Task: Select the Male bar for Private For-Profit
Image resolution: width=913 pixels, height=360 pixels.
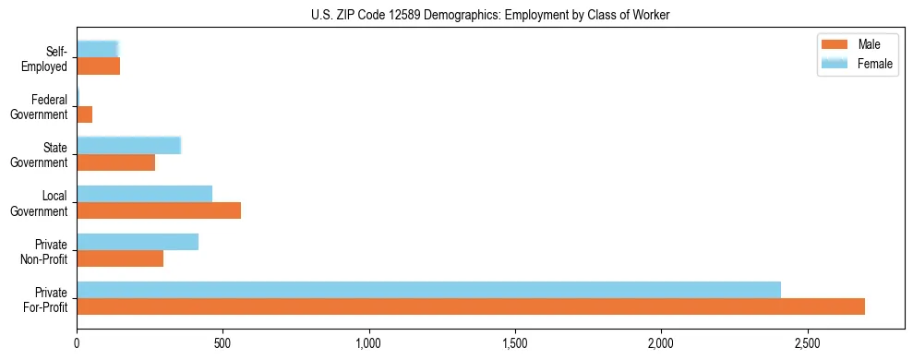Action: [x=471, y=306]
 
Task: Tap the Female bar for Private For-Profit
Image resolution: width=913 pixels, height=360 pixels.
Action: [x=428, y=290]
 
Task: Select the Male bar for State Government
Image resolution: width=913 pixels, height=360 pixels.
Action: [x=116, y=162]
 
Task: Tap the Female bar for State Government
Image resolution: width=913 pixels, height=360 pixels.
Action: [x=128, y=146]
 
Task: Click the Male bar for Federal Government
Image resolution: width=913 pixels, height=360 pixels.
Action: [x=85, y=114]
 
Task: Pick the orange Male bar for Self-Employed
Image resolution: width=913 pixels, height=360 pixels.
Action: [x=99, y=66]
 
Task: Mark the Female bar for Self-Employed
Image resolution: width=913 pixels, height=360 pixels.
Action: [x=97, y=50]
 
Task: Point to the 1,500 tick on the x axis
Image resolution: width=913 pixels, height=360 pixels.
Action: [x=515, y=343]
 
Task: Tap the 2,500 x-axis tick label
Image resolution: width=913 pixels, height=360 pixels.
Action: [x=807, y=343]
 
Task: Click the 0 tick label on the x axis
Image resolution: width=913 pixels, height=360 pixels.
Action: [x=78, y=343]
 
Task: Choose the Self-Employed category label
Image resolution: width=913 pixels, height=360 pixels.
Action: [x=45, y=58]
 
